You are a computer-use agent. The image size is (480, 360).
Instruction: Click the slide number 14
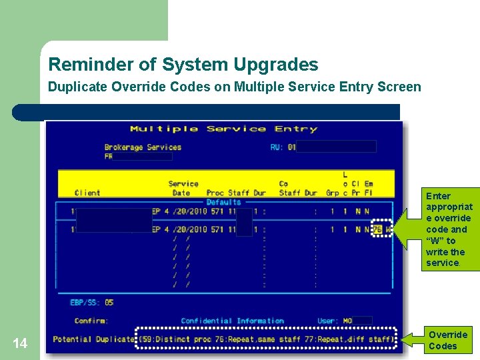click(20, 343)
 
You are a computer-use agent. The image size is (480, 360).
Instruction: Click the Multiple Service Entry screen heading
click(223, 129)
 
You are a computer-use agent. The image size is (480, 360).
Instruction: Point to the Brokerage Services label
click(143, 147)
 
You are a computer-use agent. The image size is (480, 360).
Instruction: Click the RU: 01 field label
click(283, 147)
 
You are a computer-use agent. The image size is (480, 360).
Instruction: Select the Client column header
click(87, 193)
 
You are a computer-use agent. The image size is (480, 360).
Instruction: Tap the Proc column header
click(215, 193)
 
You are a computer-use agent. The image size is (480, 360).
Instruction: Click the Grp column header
click(332, 193)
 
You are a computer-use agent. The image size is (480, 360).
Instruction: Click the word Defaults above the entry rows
click(223, 202)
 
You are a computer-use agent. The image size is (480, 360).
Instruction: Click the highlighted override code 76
click(377, 229)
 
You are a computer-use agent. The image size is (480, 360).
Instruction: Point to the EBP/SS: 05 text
click(91, 303)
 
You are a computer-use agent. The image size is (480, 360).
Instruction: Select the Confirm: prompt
click(91, 321)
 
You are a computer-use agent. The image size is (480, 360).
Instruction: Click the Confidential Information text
click(232, 321)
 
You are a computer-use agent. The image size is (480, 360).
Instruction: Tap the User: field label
click(328, 321)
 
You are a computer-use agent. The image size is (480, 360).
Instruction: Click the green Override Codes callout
click(447, 340)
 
